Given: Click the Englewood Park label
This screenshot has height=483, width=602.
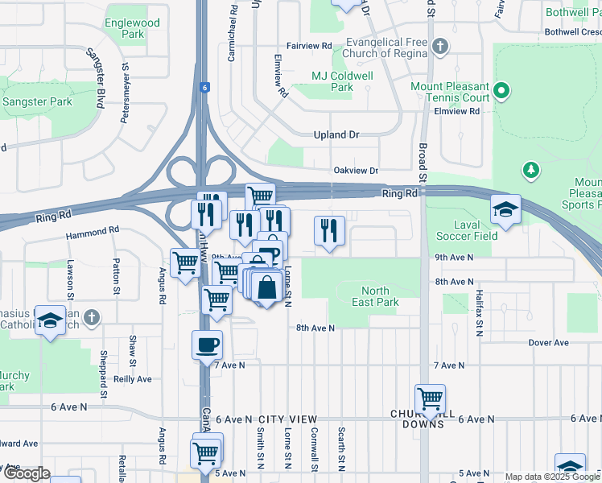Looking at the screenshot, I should point(132,29).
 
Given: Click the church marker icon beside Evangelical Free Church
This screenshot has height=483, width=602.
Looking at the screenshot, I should point(439,46).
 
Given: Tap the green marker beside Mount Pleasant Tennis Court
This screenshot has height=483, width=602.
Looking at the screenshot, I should point(503,91).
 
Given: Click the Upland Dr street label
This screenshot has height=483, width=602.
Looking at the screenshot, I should point(336,135).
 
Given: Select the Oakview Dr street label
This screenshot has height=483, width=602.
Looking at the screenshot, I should point(355,171).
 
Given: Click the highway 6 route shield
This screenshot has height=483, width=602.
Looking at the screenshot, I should point(205,87).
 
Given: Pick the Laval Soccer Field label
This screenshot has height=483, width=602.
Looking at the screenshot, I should point(466,230).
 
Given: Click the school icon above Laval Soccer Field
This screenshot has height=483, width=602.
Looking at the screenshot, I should point(505,209).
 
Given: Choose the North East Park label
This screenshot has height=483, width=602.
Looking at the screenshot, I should point(375,296).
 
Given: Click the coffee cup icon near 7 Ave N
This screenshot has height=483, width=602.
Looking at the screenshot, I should point(207,345).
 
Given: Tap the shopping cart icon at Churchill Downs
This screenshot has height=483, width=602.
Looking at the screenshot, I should point(430,398).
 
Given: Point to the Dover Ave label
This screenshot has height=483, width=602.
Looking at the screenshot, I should point(548,343).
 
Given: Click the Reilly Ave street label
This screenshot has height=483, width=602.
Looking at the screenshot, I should point(133,379).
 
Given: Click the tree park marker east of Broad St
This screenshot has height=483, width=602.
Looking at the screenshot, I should point(530,170).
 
